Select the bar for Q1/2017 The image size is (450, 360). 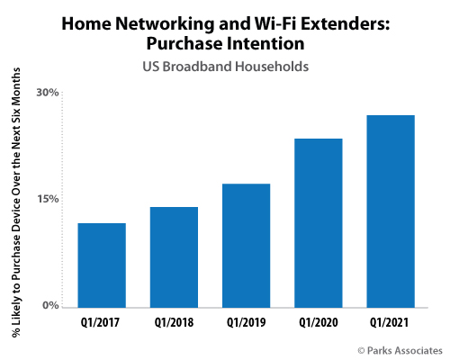pyautogui.click(x=102, y=265)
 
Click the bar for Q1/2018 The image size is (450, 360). pyautogui.click(x=174, y=257)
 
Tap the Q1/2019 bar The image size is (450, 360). pyautogui.click(x=246, y=246)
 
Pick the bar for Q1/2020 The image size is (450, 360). pyautogui.click(x=319, y=223)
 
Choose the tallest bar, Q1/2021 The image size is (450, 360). pyautogui.click(x=391, y=211)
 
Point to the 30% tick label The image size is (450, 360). pyautogui.click(x=48, y=93)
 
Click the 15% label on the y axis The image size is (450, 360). pyautogui.click(x=48, y=199)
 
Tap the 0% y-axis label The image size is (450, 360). pyautogui.click(x=50, y=305)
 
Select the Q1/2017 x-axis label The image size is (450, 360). pyautogui.click(x=100, y=323)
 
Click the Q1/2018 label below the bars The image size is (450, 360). pyautogui.click(x=174, y=323)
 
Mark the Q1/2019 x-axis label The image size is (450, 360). pyautogui.click(x=246, y=323)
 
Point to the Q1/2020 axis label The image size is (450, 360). pyautogui.click(x=319, y=323)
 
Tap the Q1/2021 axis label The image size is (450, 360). pyautogui.click(x=389, y=323)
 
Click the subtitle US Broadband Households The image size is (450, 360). pyautogui.click(x=226, y=67)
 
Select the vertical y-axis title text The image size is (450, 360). pyautogui.click(x=16, y=202)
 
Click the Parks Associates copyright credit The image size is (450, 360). pyautogui.click(x=400, y=350)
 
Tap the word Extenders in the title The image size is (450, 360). pyautogui.click(x=346, y=23)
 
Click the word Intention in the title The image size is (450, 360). pyautogui.click(x=265, y=43)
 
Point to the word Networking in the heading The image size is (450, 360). pyautogui.click(x=165, y=24)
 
